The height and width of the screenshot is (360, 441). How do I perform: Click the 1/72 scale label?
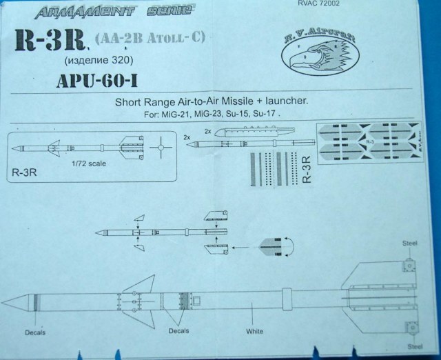click(88, 164)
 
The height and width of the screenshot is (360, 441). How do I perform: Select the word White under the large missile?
click(255, 331)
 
